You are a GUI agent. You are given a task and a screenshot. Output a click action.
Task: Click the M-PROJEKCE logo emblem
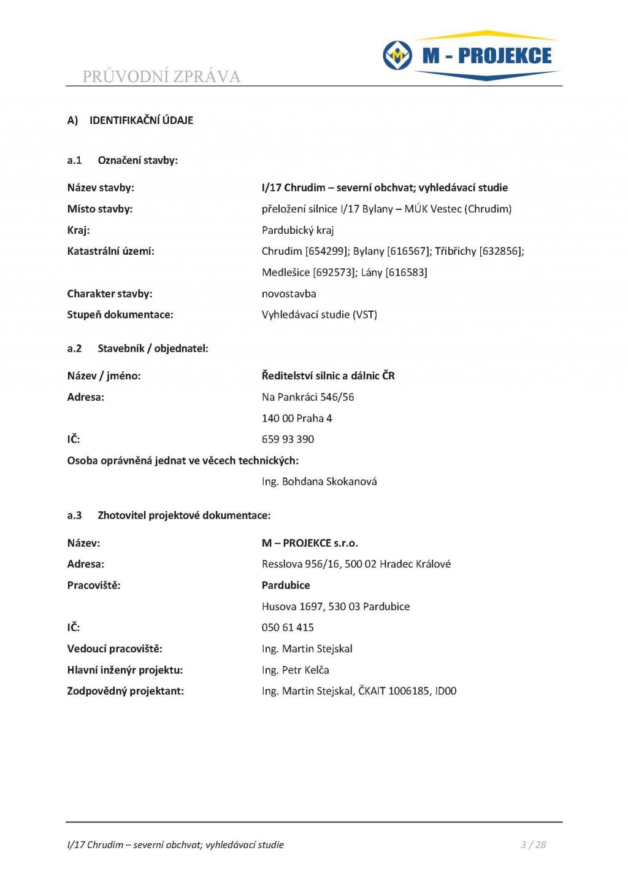pos(397,56)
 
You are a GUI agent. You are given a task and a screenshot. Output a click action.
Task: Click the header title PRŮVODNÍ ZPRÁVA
pos(161,77)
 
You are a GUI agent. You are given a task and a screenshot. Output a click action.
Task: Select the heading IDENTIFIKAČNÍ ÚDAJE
pos(141,120)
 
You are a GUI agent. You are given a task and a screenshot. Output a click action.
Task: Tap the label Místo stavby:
pos(100,209)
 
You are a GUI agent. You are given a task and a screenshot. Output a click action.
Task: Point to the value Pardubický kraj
pos(297,230)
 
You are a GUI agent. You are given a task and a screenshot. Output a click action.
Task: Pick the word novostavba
pos(289,293)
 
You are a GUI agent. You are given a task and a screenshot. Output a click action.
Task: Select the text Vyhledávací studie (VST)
pos(319,315)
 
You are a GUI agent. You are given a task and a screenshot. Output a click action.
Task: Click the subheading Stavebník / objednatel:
pos(153,349)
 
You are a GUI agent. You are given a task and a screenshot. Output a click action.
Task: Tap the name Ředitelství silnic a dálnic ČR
pos(328,376)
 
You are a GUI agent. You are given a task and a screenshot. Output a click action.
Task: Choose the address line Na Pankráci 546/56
pos(308,397)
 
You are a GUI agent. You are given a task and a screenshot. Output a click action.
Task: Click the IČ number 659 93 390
pos(288,439)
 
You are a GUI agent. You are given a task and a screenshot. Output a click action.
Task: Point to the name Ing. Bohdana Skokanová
pos(319,482)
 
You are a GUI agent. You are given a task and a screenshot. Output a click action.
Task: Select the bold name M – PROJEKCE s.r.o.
pos(310,543)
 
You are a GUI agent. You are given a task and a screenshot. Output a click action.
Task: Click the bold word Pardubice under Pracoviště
pos(286,585)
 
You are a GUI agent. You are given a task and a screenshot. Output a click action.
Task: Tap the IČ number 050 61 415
pos(288,628)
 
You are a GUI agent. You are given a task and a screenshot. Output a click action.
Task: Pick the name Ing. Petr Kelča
pos(295,670)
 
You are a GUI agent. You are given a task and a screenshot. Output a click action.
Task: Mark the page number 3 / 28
pos(533,845)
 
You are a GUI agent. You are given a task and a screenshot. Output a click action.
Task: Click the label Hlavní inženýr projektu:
pos(125,670)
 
